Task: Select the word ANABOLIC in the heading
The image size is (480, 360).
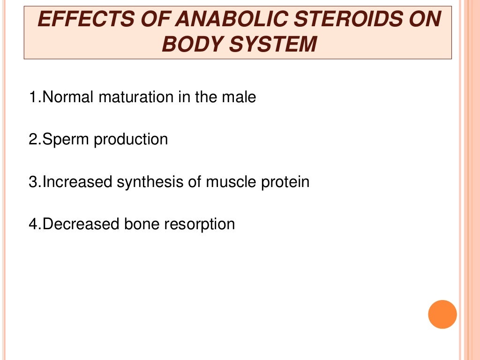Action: pos(222,20)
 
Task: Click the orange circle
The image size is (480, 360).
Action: pos(442,314)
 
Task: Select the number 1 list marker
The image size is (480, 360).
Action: pos(32,97)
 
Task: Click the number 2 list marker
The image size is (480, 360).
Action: pos(32,140)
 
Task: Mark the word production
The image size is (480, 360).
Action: pos(131,140)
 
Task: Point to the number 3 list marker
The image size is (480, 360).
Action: pos(32,182)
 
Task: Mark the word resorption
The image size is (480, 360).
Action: pos(199,224)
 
